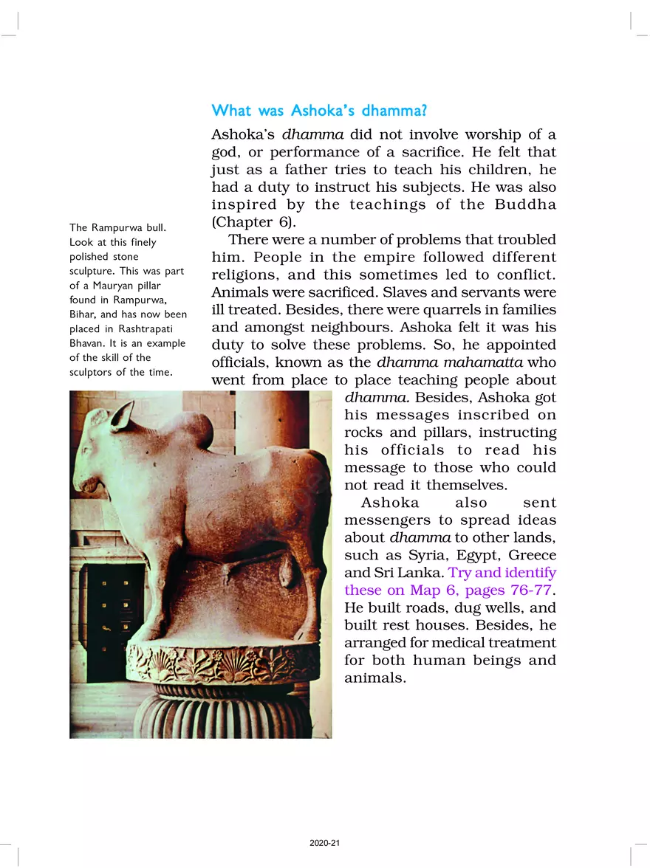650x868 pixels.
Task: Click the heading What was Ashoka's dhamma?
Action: (320, 111)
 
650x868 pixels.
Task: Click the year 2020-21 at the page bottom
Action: (325, 842)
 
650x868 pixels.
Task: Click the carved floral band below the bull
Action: (222, 663)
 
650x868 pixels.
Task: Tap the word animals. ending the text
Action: (375, 678)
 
